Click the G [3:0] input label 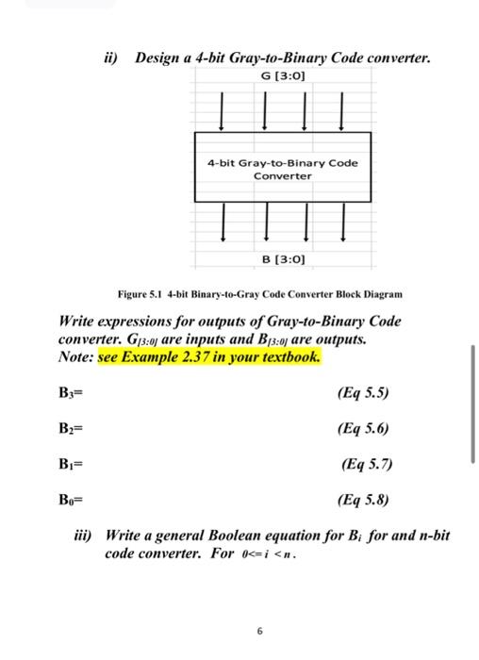click(283, 75)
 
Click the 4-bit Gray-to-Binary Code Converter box click(283, 169)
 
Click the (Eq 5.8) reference click(362, 499)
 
